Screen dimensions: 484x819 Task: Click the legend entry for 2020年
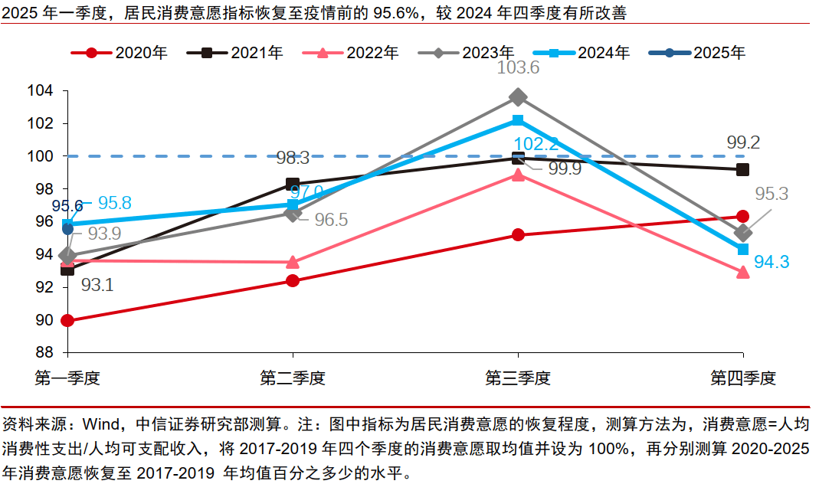(119, 53)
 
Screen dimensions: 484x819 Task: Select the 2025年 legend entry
(696, 53)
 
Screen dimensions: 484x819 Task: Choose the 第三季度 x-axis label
(518, 378)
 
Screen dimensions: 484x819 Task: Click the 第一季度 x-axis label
(68, 378)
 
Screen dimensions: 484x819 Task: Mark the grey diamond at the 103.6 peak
(518, 97)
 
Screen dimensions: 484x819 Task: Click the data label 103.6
(518, 68)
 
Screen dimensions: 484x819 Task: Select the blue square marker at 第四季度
(742, 250)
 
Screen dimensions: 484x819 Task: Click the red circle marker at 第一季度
(67, 321)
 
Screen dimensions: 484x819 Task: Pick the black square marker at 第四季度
(742, 169)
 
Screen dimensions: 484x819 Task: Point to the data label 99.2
(743, 142)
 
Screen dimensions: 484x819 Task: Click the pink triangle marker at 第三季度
(518, 175)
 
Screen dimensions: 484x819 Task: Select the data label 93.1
(97, 286)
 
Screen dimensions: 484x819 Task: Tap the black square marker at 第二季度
(293, 184)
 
